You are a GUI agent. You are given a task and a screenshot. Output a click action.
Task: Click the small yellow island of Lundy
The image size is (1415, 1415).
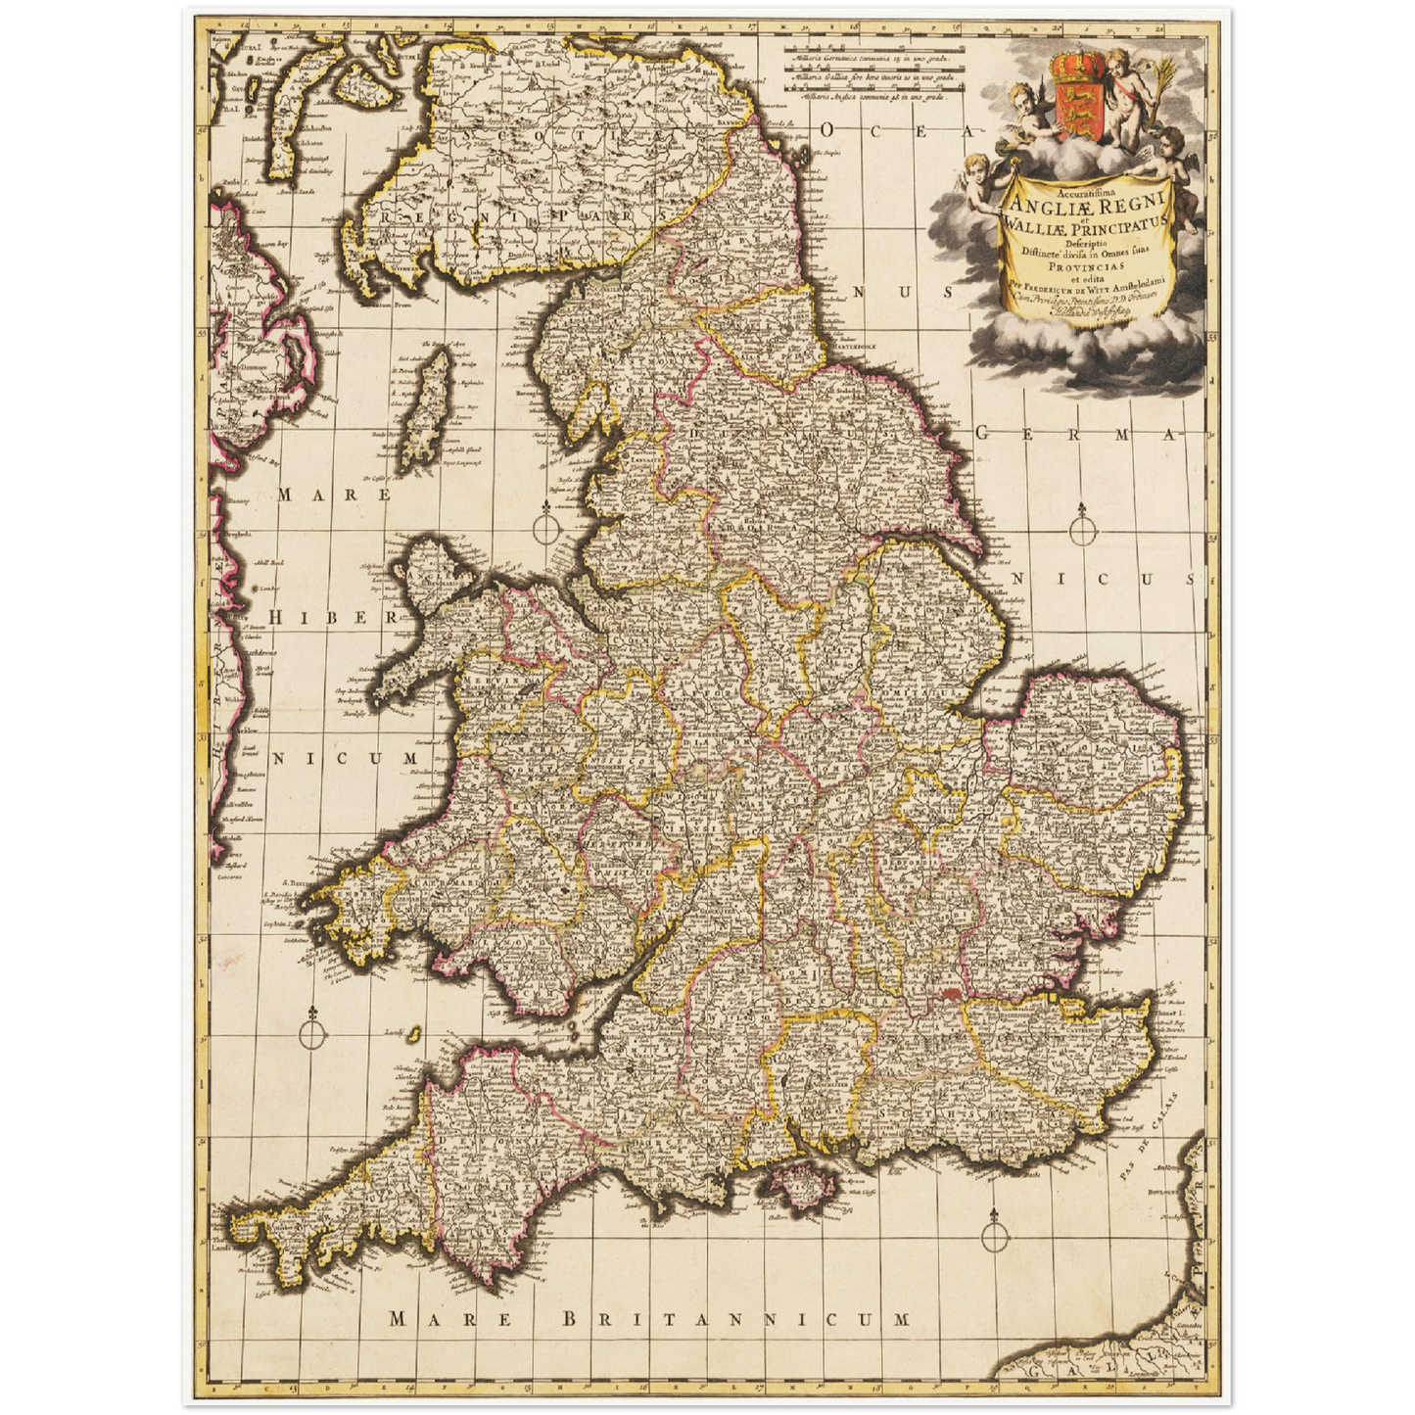[414, 1033]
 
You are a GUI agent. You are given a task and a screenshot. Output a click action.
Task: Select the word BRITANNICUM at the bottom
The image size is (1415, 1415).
[736, 1319]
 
